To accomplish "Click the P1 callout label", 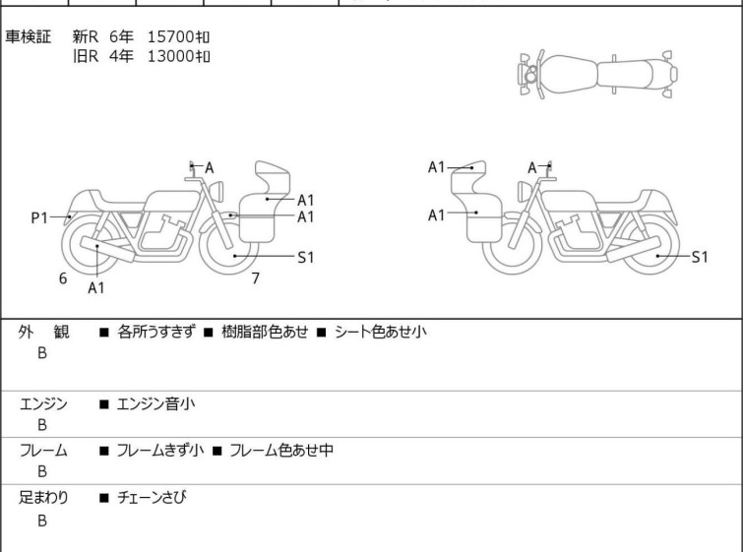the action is pos(39,218).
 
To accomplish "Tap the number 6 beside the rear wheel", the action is pos(63,278).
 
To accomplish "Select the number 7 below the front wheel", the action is pos(256,278).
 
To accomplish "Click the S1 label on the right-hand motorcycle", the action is pos(700,257).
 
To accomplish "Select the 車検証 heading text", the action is pos(28,36).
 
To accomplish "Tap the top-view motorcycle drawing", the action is pos(597,75).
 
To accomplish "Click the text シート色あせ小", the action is pos(381,332).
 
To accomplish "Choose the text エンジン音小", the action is pos(155,403).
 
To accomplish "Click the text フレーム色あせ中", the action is pos(281,450).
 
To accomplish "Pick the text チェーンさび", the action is pos(152,497).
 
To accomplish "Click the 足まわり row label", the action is pos(43,497).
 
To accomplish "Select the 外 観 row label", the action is pos(43,332).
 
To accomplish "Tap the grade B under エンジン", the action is pos(42,425).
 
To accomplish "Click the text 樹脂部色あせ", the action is pos(265,332).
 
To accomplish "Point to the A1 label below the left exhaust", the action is pos(96,287).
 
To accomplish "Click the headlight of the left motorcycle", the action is pos(217,192).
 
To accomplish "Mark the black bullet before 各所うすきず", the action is pos(103,333).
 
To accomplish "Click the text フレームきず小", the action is pos(160,450).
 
